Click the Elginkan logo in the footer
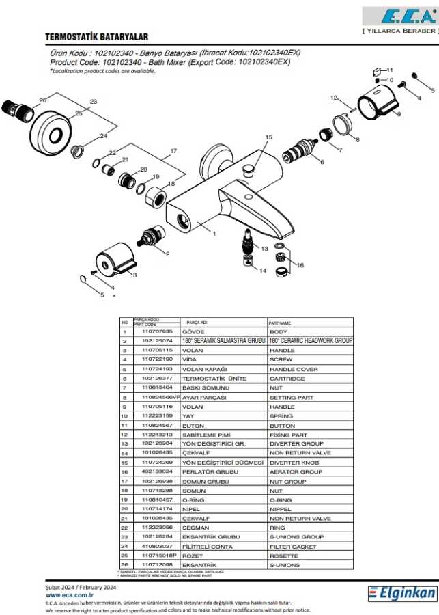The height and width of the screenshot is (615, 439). tap(402, 593)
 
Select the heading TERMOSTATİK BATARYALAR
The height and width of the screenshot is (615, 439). tap(96, 37)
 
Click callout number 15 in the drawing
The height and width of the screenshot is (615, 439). tap(268, 137)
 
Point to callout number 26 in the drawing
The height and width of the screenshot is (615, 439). tap(43, 100)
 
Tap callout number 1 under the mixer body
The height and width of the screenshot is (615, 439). tap(214, 234)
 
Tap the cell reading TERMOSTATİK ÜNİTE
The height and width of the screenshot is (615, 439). tap(205, 378)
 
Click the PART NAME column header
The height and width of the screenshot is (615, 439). tap(280, 323)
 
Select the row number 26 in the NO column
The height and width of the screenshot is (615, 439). tap(125, 565)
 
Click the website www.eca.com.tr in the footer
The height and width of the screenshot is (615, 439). tap(65, 594)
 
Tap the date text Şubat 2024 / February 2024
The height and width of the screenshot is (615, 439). tap(81, 587)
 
